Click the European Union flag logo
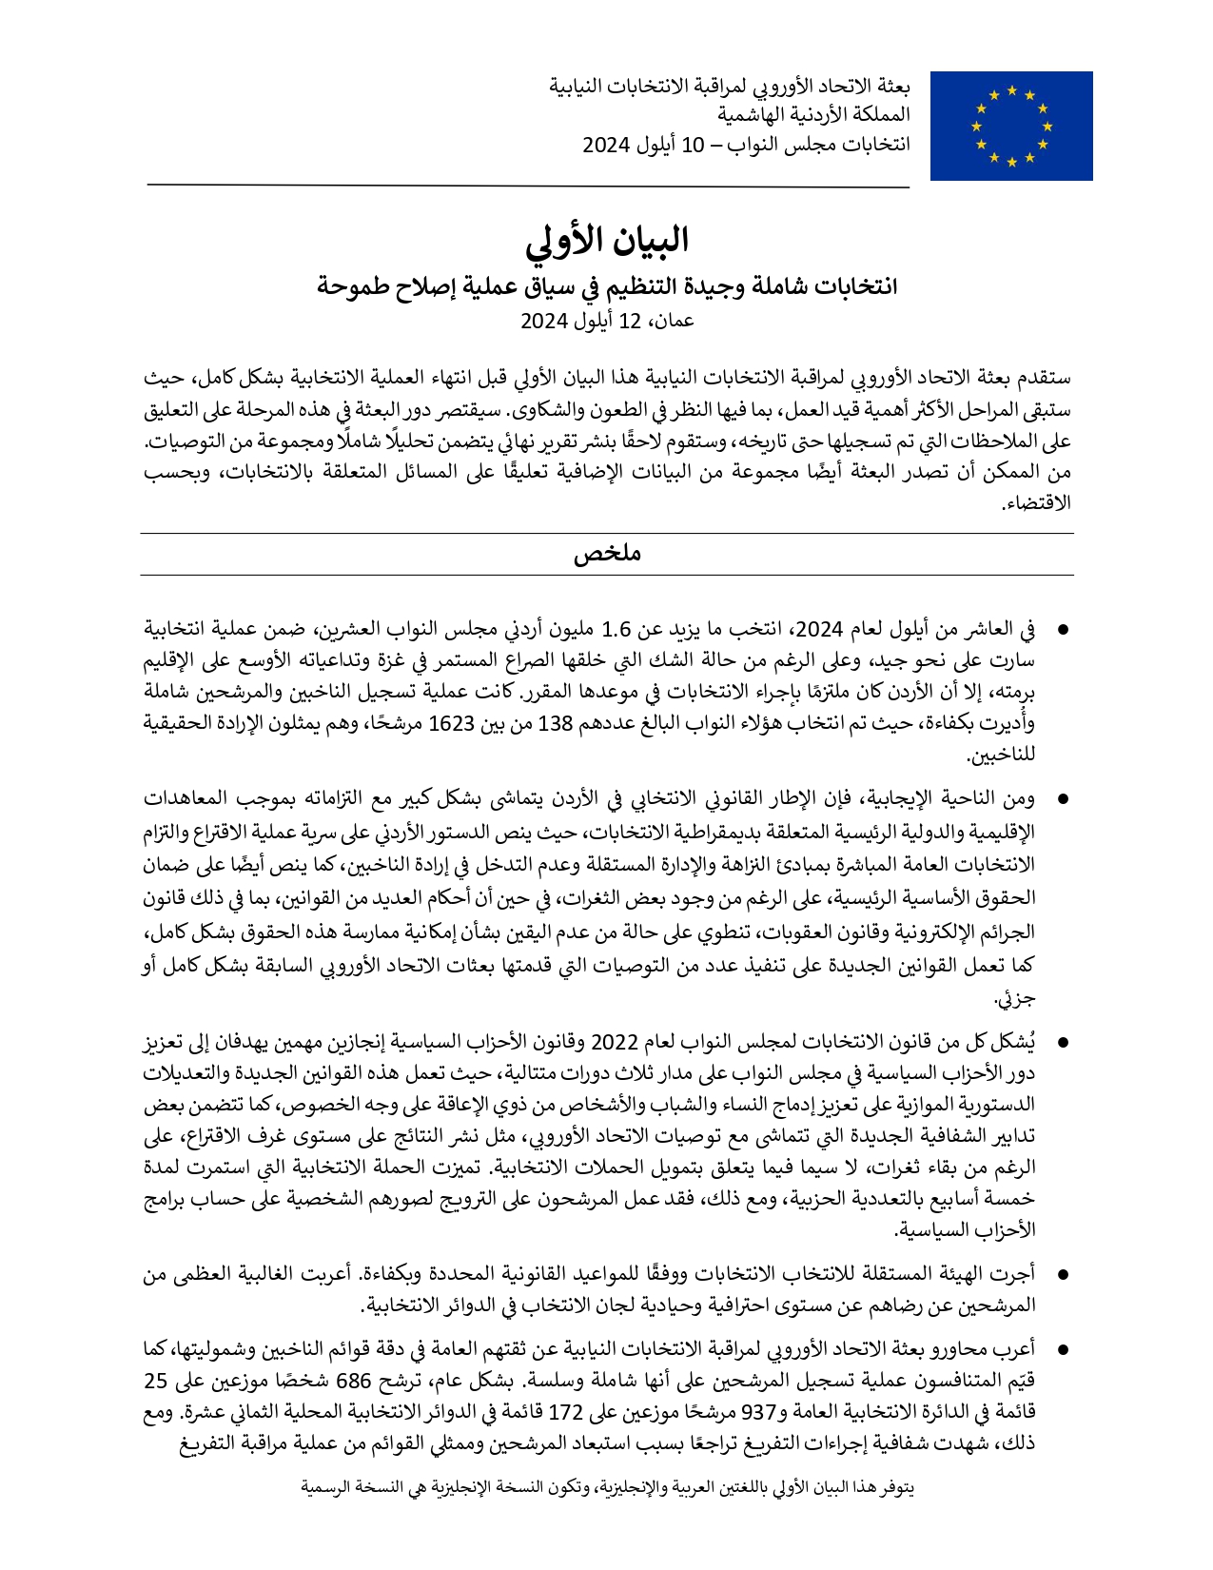tap(1010, 126)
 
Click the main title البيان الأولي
tap(607, 241)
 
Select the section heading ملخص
tap(607, 554)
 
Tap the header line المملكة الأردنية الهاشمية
tap(813, 114)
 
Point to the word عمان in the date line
tap(672, 321)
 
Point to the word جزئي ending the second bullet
tap(1015, 998)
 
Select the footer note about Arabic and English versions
tap(607, 1486)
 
